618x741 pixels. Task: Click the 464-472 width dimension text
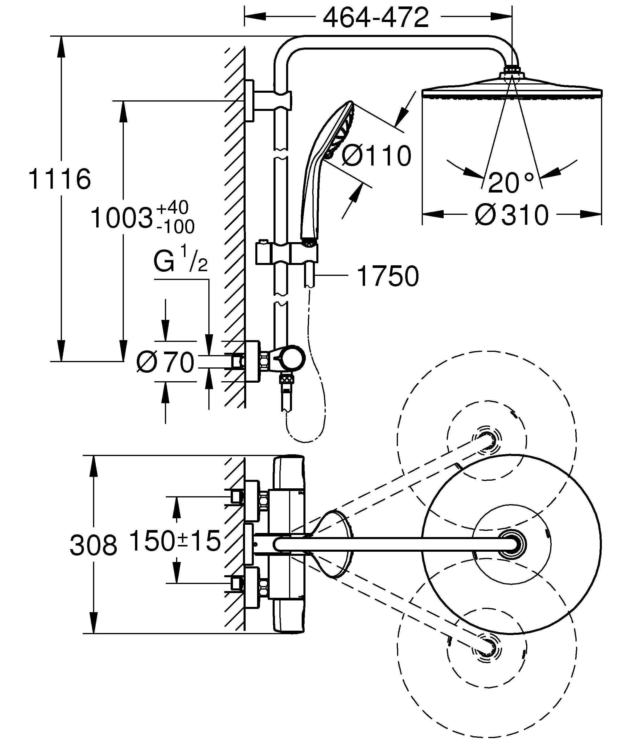click(x=376, y=18)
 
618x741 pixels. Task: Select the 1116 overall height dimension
click(x=59, y=179)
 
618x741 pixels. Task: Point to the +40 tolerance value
click(x=172, y=208)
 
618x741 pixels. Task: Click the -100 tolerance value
click(x=175, y=227)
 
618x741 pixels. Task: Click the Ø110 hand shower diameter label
click(x=376, y=156)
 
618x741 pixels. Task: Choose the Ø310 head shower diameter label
click(x=511, y=215)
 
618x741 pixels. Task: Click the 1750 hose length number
click(x=388, y=276)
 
